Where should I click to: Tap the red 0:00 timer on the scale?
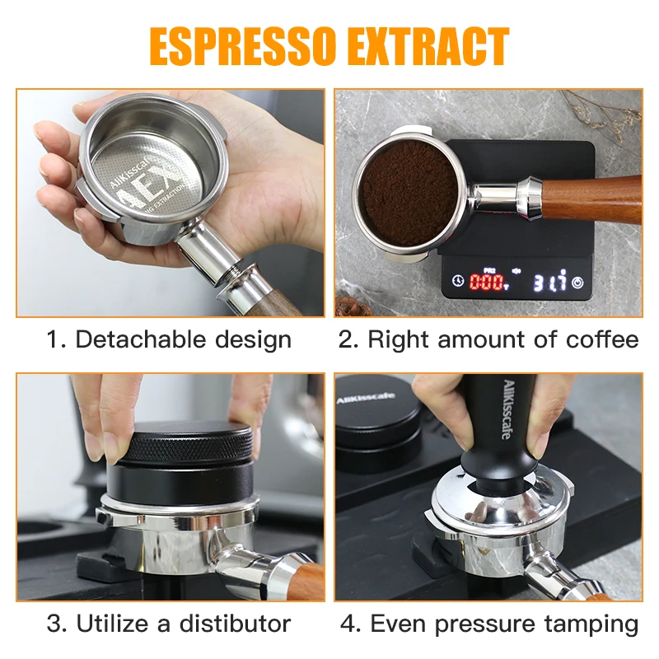488,282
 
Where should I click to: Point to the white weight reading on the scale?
549,282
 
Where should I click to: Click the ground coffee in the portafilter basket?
409,191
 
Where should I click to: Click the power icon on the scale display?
578,282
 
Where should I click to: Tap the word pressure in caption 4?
481,624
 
